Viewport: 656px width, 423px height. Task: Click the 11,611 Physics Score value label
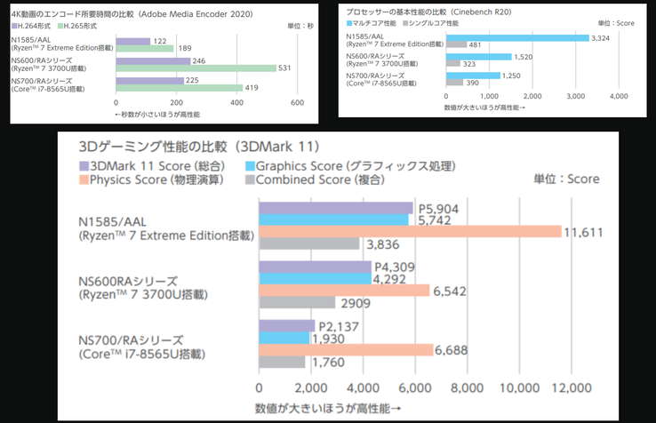point(588,231)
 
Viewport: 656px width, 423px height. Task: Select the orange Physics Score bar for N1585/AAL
point(409,231)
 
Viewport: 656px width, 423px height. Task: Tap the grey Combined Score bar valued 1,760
point(282,362)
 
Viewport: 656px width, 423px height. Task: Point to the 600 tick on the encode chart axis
point(299,103)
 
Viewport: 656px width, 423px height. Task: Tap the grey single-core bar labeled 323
point(452,65)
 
